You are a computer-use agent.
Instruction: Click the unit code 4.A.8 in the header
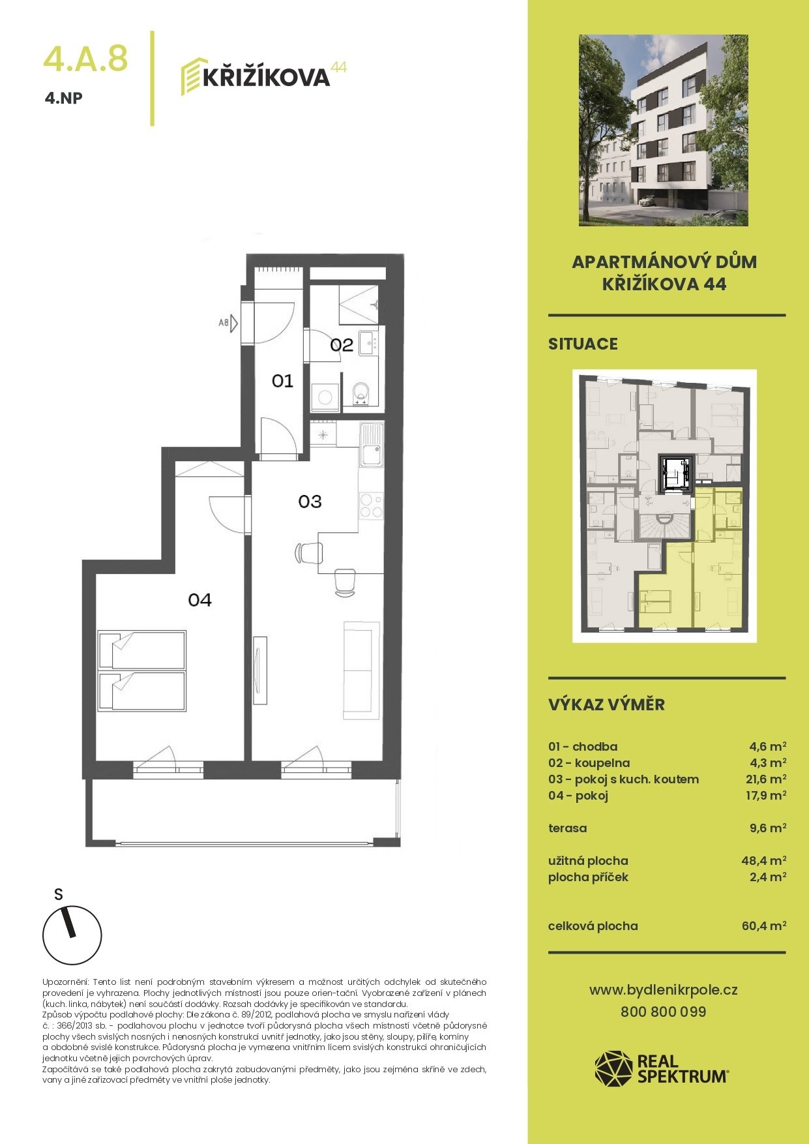click(x=85, y=58)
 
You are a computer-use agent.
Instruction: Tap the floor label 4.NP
click(x=64, y=99)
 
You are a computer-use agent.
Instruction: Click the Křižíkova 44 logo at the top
click(x=263, y=77)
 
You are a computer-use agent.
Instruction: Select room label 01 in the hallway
click(x=282, y=380)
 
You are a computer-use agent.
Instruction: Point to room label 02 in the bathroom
click(x=342, y=345)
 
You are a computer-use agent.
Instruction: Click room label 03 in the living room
click(x=310, y=501)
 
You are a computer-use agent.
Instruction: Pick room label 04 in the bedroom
click(x=199, y=599)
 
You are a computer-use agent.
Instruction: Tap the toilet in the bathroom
click(x=360, y=394)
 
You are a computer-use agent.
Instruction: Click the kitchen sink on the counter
click(x=372, y=445)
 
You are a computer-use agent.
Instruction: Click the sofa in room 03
click(x=361, y=670)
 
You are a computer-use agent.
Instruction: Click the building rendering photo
click(x=664, y=130)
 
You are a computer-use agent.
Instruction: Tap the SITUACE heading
click(x=583, y=344)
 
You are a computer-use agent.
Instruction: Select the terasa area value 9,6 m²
click(x=767, y=828)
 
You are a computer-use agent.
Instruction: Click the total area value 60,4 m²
click(x=763, y=926)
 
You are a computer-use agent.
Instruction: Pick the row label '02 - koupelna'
click(x=589, y=763)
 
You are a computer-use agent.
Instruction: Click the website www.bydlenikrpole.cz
click(x=664, y=990)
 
